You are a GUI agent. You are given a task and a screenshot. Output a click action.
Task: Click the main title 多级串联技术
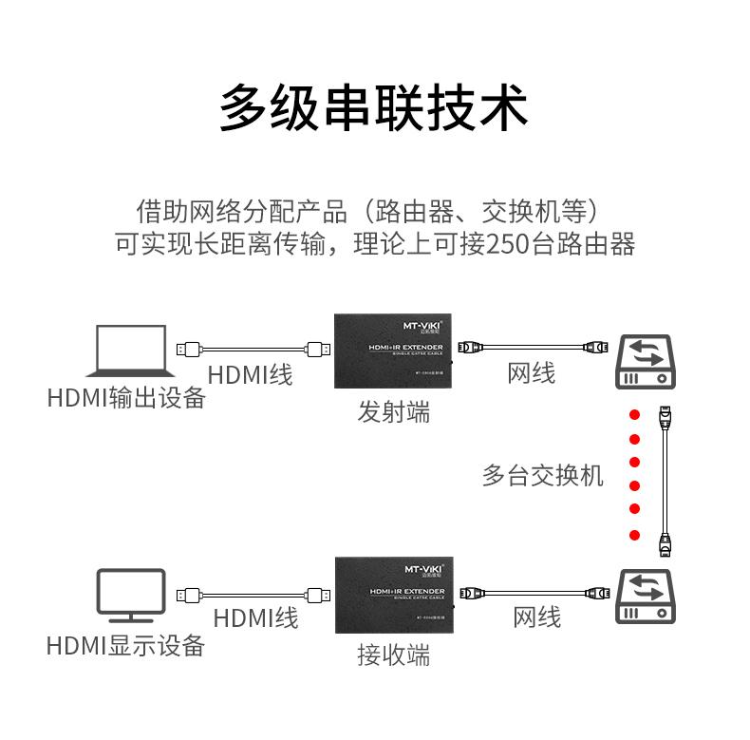pyautogui.click(x=374, y=106)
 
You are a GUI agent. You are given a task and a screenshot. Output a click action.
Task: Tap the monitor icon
pyautogui.click(x=131, y=596)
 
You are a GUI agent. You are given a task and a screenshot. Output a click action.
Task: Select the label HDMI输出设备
pyautogui.click(x=126, y=397)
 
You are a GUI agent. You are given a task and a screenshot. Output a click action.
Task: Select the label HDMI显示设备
pyautogui.click(x=126, y=646)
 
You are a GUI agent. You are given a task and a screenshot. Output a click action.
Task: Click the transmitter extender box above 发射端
pyautogui.click(x=393, y=351)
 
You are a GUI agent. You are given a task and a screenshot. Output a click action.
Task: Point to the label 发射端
pyautogui.click(x=393, y=412)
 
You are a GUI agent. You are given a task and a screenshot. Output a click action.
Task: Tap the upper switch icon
pyautogui.click(x=647, y=361)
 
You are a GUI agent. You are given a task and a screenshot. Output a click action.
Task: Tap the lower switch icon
pyautogui.click(x=647, y=597)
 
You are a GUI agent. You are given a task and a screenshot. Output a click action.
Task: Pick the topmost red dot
pyautogui.click(x=634, y=414)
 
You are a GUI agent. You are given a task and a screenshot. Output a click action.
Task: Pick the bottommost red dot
pyautogui.click(x=634, y=535)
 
